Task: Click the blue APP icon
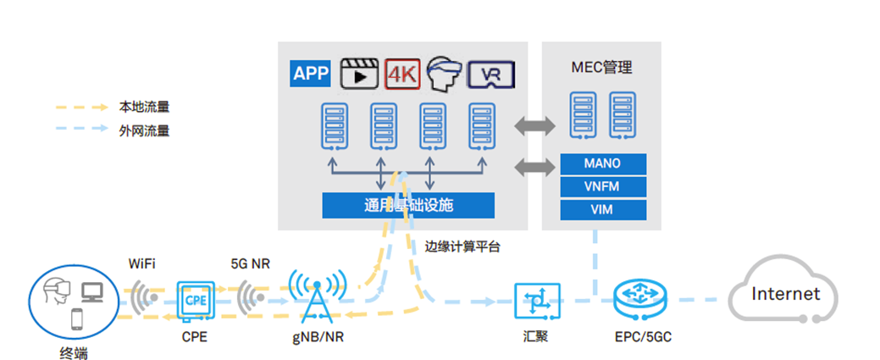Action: point(310,73)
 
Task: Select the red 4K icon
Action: point(402,74)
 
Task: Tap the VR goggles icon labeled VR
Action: point(494,75)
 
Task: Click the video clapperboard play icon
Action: point(357,74)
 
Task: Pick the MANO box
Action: point(603,163)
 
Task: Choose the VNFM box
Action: point(603,186)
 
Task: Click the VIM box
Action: point(603,208)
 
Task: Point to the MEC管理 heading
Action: point(603,67)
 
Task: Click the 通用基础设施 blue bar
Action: point(408,205)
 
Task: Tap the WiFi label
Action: point(143,263)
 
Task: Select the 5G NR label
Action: point(250,263)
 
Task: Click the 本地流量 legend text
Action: point(144,108)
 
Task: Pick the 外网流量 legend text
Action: point(144,130)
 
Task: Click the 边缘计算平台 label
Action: point(462,247)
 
